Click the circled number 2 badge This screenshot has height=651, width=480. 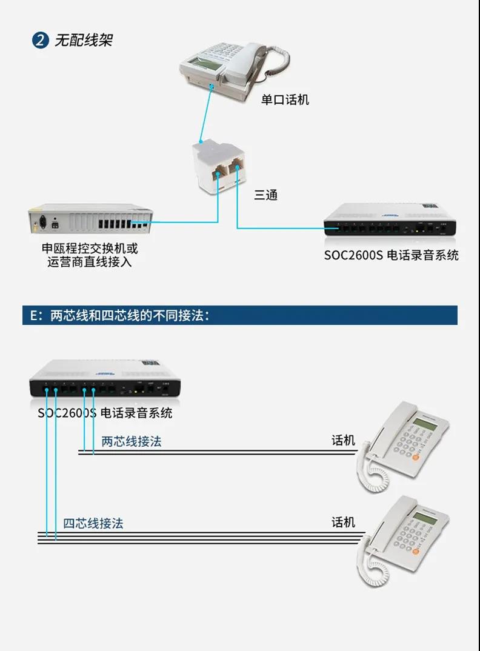pos(40,41)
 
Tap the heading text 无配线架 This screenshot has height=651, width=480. pos(84,41)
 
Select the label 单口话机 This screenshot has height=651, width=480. pos(285,99)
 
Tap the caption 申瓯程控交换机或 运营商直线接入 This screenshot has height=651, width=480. pos(90,255)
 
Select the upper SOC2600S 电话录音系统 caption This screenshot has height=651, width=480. pos(391,255)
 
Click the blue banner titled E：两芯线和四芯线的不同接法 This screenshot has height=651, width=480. pos(240,315)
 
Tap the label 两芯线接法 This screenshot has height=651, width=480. pos(132,441)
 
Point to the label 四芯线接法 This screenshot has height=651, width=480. pos(93,523)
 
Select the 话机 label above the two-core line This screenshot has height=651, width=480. pos(343,440)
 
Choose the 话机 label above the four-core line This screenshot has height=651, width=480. pos(343,522)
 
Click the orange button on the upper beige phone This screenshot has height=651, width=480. pos(416,458)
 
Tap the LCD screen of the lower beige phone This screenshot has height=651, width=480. pos(425,518)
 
